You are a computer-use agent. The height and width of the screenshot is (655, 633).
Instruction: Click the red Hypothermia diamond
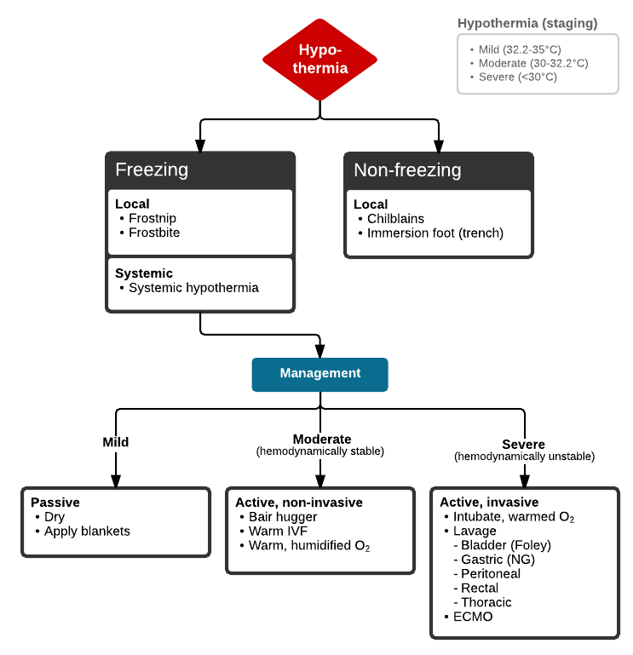click(x=319, y=59)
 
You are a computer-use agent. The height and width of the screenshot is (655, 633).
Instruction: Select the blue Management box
click(x=319, y=374)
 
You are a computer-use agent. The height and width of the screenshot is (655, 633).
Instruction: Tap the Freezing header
click(x=152, y=169)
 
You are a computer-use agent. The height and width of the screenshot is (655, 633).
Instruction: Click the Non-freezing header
click(x=407, y=169)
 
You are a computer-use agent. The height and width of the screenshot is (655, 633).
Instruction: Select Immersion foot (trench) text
click(x=434, y=233)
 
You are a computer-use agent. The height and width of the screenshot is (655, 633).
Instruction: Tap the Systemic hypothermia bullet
click(x=193, y=288)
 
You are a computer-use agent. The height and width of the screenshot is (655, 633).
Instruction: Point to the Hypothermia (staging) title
click(x=527, y=23)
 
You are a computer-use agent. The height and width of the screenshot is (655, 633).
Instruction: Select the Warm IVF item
click(x=278, y=531)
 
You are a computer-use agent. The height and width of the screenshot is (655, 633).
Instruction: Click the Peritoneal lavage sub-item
click(x=490, y=574)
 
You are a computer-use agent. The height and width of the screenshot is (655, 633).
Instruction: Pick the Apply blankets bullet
click(x=87, y=531)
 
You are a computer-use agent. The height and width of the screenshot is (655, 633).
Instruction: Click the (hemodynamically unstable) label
click(x=524, y=457)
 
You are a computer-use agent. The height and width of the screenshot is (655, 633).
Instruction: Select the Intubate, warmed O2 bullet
click(x=514, y=517)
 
